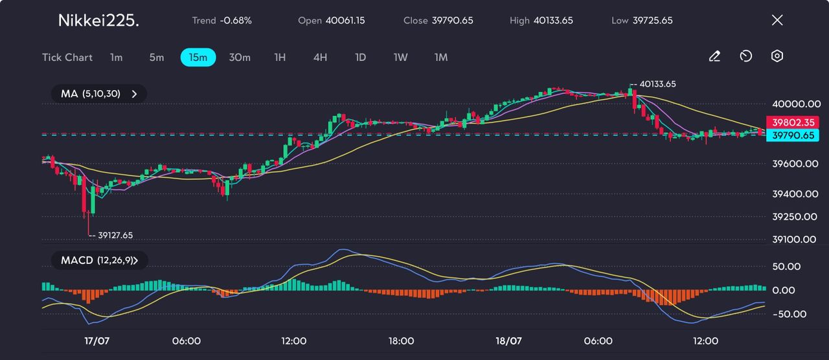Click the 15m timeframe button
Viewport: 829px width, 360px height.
[198, 57]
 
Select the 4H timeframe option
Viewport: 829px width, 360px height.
[320, 57]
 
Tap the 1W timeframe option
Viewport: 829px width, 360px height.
[401, 57]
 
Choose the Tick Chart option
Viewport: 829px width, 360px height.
[67, 57]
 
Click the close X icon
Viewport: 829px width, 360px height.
[777, 20]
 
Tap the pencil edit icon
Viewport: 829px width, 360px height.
[714, 56]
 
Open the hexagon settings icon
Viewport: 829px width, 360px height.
[777, 56]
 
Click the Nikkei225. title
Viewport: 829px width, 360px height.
[98, 20]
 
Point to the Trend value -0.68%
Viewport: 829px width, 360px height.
[236, 20]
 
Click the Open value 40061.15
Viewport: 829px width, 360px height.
[345, 20]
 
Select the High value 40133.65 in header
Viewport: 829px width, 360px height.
[553, 20]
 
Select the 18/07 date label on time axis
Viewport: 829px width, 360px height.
[508, 341]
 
